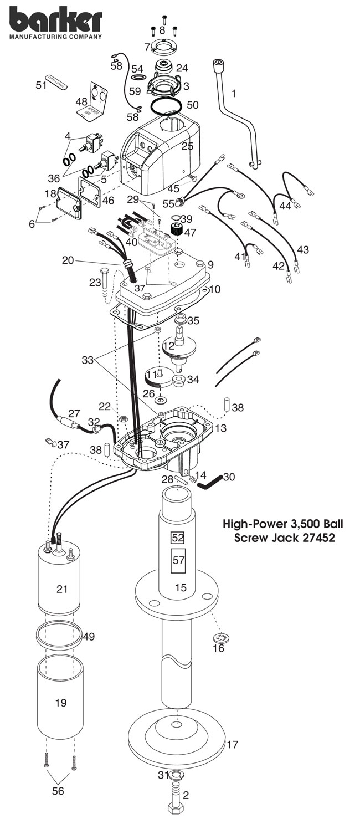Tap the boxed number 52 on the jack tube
pyautogui.click(x=178, y=538)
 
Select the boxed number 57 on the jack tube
pyautogui.click(x=178, y=560)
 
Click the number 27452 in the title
pyautogui.click(x=313, y=538)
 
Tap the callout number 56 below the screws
pyautogui.click(x=58, y=791)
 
